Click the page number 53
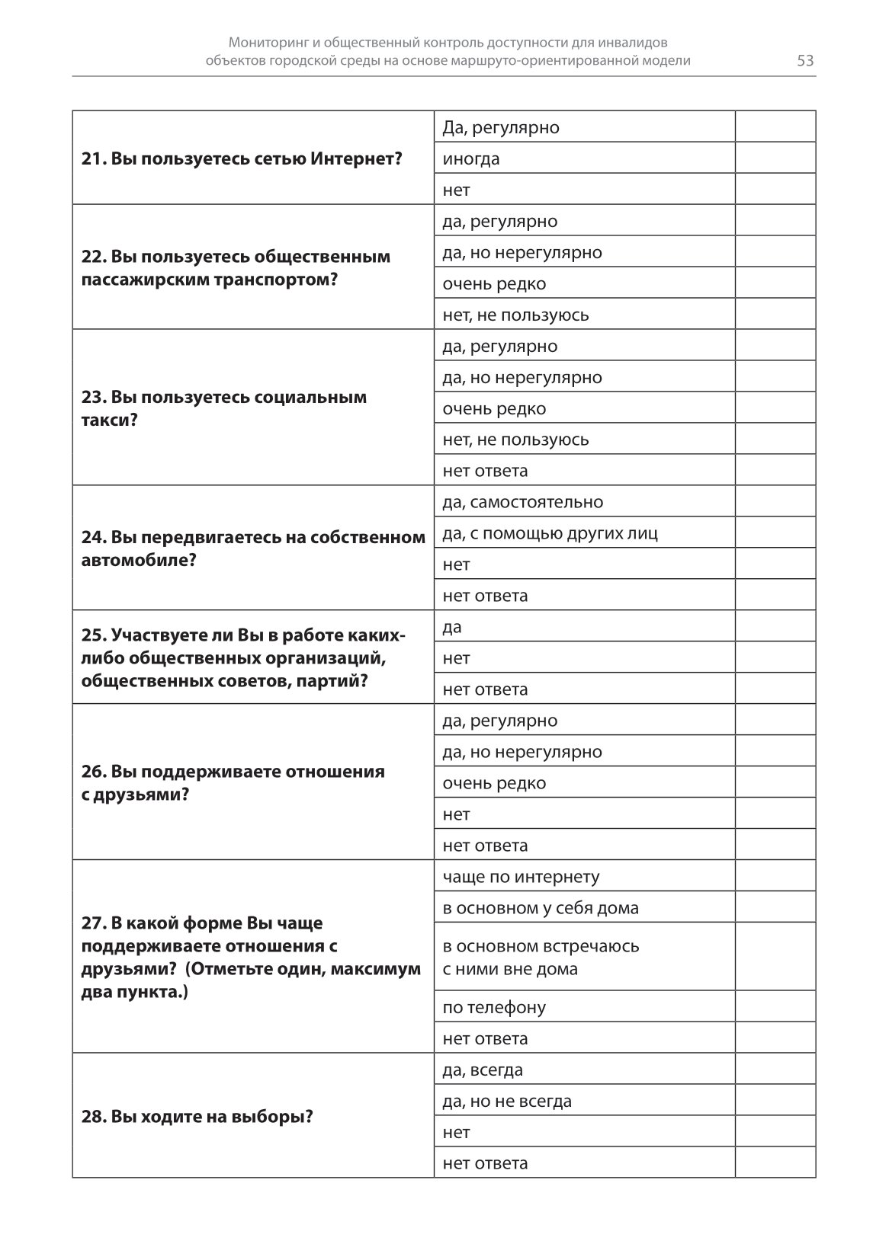point(805,61)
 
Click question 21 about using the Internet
point(242,158)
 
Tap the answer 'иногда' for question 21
point(471,158)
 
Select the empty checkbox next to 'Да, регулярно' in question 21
point(775,127)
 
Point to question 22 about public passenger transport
point(236,267)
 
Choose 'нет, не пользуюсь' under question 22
point(515,315)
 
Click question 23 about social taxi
point(224,408)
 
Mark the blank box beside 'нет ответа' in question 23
point(775,470)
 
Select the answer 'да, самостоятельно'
point(522,502)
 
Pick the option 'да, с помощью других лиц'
point(550,533)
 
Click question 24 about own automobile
point(253,548)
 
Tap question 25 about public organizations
point(243,657)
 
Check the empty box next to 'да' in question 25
point(775,626)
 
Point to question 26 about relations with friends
point(233,782)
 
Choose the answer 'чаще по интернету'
point(521,877)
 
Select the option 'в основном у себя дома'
point(541,908)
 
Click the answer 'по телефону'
point(494,1007)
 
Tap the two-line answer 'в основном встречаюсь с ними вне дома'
point(541,958)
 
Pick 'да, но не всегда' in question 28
point(507,1101)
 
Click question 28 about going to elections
point(197,1117)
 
